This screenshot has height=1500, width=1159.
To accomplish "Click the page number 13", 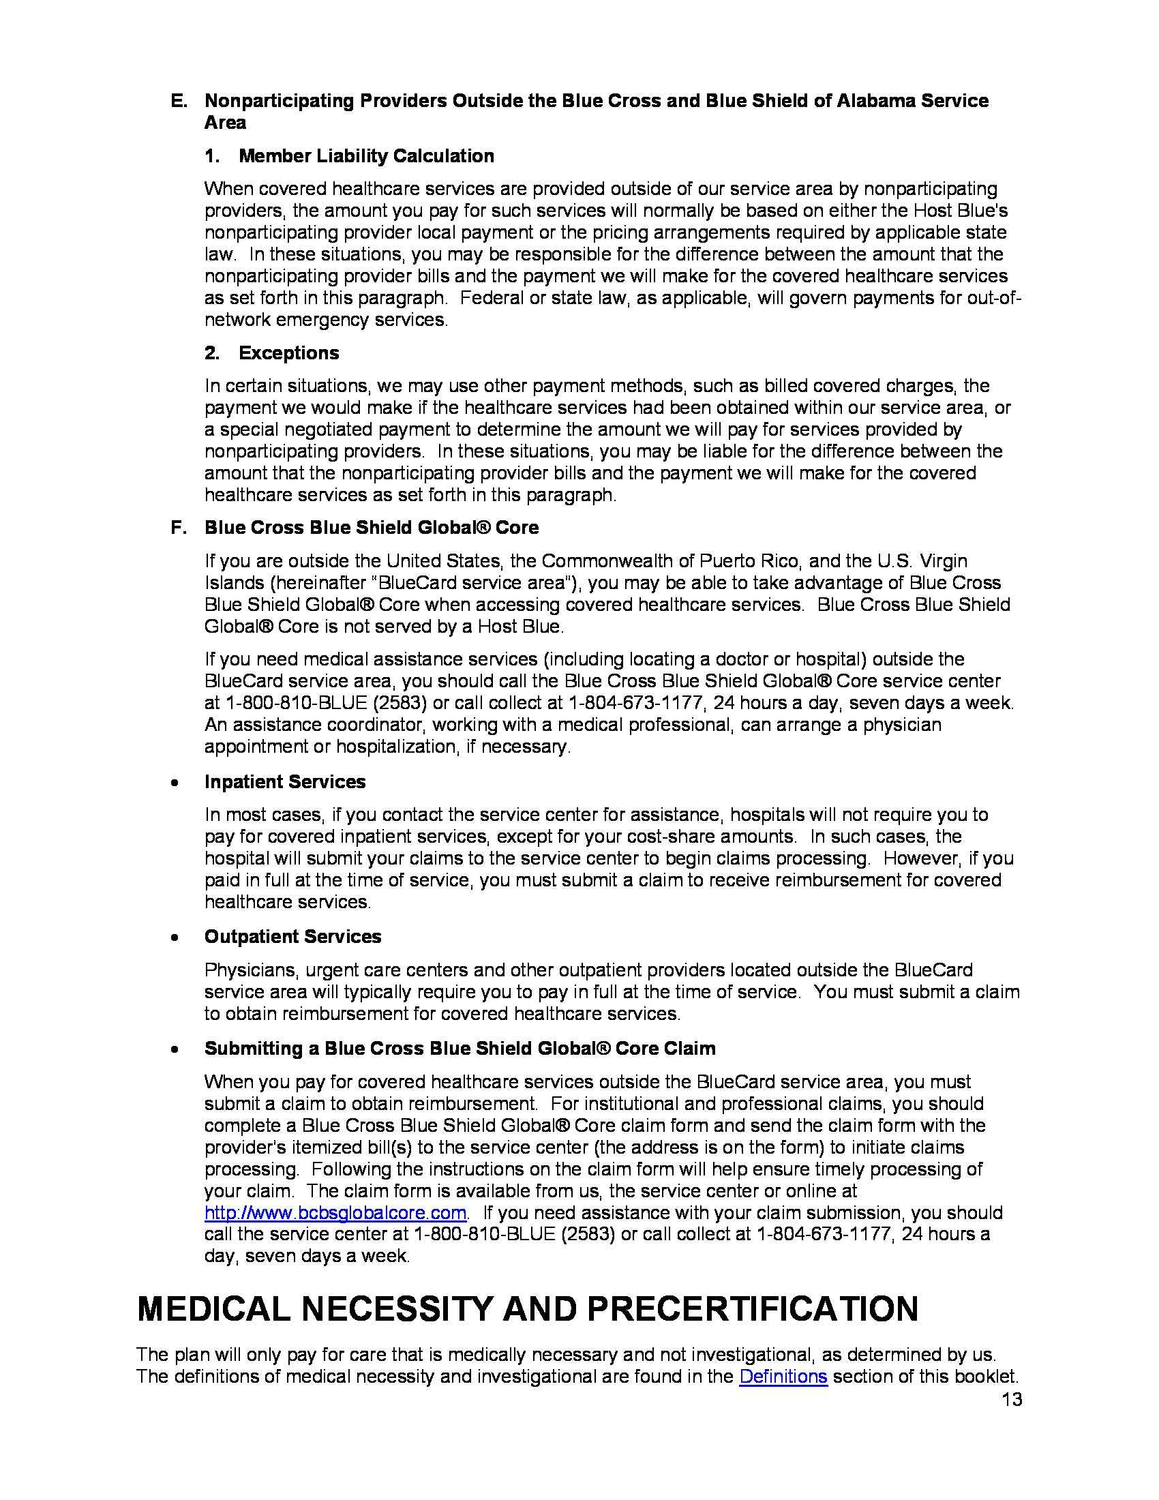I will point(1011,1399).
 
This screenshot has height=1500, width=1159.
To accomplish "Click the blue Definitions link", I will point(783,1376).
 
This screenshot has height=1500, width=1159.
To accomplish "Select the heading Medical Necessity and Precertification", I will point(527,1308).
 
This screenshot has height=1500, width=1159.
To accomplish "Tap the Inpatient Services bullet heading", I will point(285,781).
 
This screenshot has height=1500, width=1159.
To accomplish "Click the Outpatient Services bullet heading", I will point(292,936).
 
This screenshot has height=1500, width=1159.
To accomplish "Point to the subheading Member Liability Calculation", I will point(366,156).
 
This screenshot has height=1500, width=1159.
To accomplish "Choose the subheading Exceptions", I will point(288,353).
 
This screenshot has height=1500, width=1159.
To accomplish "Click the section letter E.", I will point(178,101).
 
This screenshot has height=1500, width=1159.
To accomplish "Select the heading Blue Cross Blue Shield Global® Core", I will point(372,528).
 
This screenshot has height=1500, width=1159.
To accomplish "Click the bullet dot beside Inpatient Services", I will point(177,782).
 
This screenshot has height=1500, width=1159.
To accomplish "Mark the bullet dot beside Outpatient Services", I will point(177,937).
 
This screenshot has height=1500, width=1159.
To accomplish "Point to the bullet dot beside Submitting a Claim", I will point(177,1049).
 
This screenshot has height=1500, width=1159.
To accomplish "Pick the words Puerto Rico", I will point(749,561).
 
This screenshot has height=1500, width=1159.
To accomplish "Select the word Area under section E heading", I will point(225,123).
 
